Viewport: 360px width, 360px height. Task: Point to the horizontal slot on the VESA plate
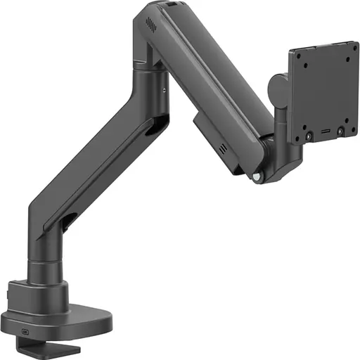coord(324,131)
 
